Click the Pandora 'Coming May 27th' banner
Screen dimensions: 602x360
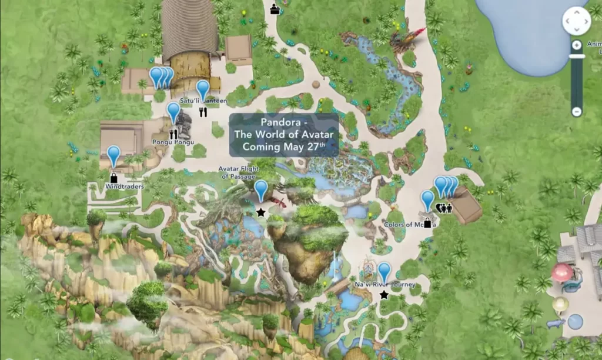[x=283, y=135]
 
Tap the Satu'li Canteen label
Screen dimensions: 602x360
[x=203, y=101]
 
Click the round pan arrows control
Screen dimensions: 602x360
[x=576, y=22]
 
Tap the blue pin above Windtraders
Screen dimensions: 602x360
[x=113, y=156]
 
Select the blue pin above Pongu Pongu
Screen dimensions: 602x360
[x=173, y=112]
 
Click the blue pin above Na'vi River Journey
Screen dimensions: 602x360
[x=384, y=272]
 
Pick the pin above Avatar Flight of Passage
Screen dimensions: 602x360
[x=261, y=190]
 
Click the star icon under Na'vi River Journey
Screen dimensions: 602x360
[x=384, y=295]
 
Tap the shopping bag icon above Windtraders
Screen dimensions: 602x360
[x=113, y=177]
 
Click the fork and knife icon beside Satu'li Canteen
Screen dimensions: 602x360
[x=203, y=112]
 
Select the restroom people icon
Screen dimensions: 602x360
[x=445, y=207]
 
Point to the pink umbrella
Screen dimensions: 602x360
[x=561, y=272]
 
